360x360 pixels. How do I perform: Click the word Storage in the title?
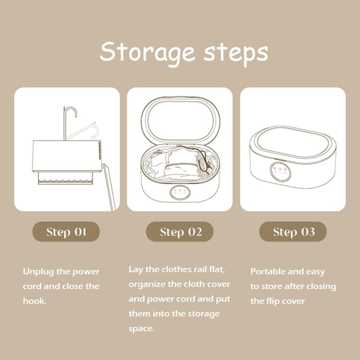pyautogui.click(x=147, y=52)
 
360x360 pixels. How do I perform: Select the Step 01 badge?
pyautogui.click(x=66, y=231)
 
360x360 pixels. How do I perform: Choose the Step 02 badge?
pyautogui.click(x=180, y=231)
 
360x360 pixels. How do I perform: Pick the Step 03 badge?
pyautogui.click(x=293, y=231)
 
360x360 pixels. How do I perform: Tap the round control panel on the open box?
pyautogui.click(x=180, y=192)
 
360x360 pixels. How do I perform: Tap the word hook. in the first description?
pyautogui.click(x=35, y=301)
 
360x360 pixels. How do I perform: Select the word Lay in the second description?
pyautogui.click(x=136, y=270)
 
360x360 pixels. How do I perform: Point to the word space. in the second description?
pyautogui.click(x=141, y=329)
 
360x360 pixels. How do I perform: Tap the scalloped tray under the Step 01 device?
pyautogui.click(x=66, y=179)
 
